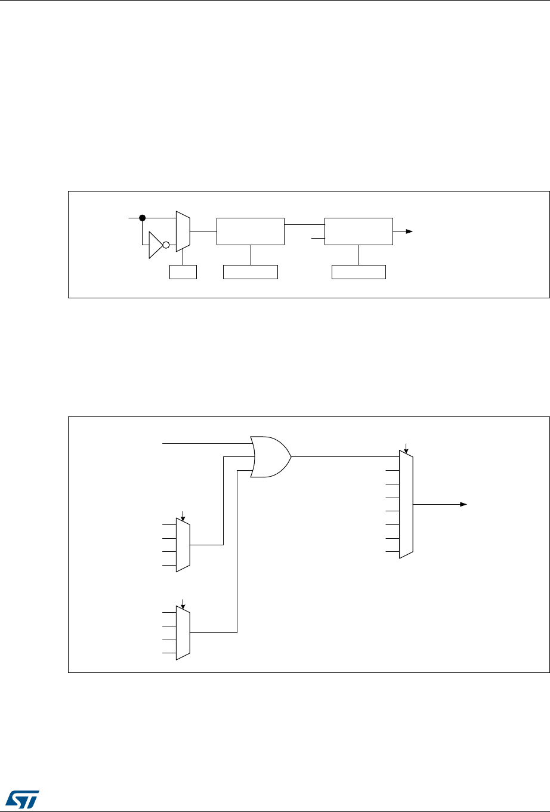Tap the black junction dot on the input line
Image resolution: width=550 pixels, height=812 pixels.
tap(143, 218)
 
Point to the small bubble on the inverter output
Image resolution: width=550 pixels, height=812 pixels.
tap(166, 245)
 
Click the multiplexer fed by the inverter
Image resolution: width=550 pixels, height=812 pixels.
tap(183, 231)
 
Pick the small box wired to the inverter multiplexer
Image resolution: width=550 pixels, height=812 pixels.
tap(183, 272)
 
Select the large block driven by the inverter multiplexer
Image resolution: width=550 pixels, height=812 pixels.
tap(251, 231)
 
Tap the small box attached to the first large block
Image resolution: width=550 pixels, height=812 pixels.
tap(251, 272)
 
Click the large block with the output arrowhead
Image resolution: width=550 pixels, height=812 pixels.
tap(359, 231)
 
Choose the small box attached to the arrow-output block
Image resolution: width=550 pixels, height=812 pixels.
tap(359, 272)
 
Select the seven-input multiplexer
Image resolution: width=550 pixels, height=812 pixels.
tap(406, 504)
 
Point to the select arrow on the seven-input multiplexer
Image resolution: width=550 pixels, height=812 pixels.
tap(406, 447)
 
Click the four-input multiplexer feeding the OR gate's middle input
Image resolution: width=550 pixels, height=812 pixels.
tap(183, 545)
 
